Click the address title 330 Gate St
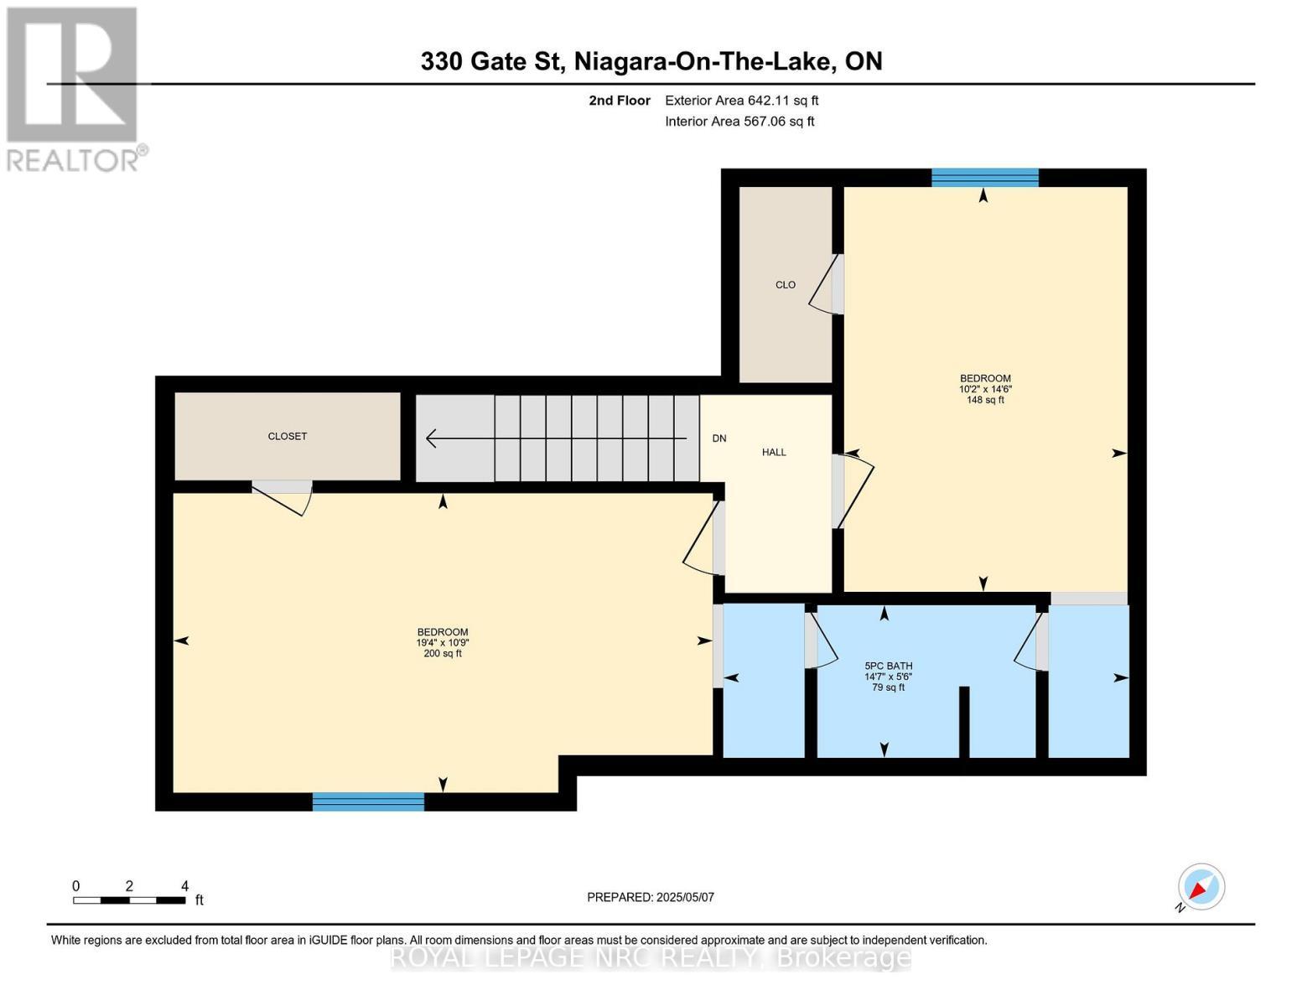click(651, 61)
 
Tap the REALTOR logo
click(74, 88)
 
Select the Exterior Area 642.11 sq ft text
click(741, 101)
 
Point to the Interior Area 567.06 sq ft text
click(739, 122)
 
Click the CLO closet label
click(785, 285)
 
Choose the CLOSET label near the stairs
click(287, 437)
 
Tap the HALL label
click(773, 453)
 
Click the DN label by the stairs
click(718, 438)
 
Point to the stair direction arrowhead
click(433, 438)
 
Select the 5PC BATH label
click(888, 666)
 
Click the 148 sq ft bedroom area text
click(985, 401)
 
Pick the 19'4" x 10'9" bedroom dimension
click(442, 643)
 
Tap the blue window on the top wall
click(984, 178)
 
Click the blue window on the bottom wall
click(368, 802)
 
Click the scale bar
click(129, 900)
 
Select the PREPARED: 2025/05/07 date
click(650, 897)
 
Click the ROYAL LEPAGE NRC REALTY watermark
click(651, 957)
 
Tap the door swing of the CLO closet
click(825, 286)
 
